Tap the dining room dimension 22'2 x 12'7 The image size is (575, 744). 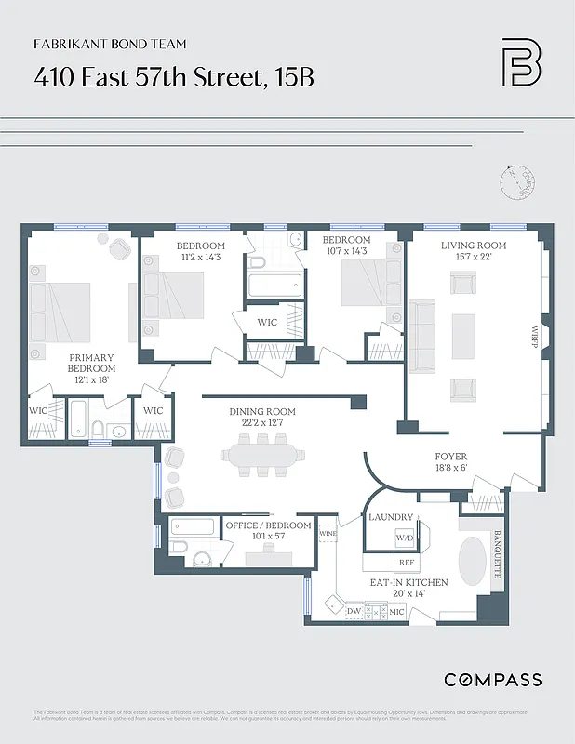(x=262, y=424)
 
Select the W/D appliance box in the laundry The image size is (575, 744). (x=405, y=538)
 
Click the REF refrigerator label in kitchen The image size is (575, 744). (x=406, y=563)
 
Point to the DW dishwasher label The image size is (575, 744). (x=354, y=611)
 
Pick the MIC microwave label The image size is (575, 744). (x=395, y=611)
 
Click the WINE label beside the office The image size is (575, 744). (x=328, y=535)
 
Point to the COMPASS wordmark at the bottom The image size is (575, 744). (x=492, y=680)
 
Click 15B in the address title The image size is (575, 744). (x=293, y=77)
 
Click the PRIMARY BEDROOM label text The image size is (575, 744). (x=90, y=363)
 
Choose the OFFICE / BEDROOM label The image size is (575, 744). (x=268, y=525)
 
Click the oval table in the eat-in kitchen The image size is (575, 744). (x=474, y=559)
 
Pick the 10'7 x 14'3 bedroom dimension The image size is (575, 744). (x=347, y=251)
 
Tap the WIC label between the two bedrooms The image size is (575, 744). (x=268, y=322)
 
